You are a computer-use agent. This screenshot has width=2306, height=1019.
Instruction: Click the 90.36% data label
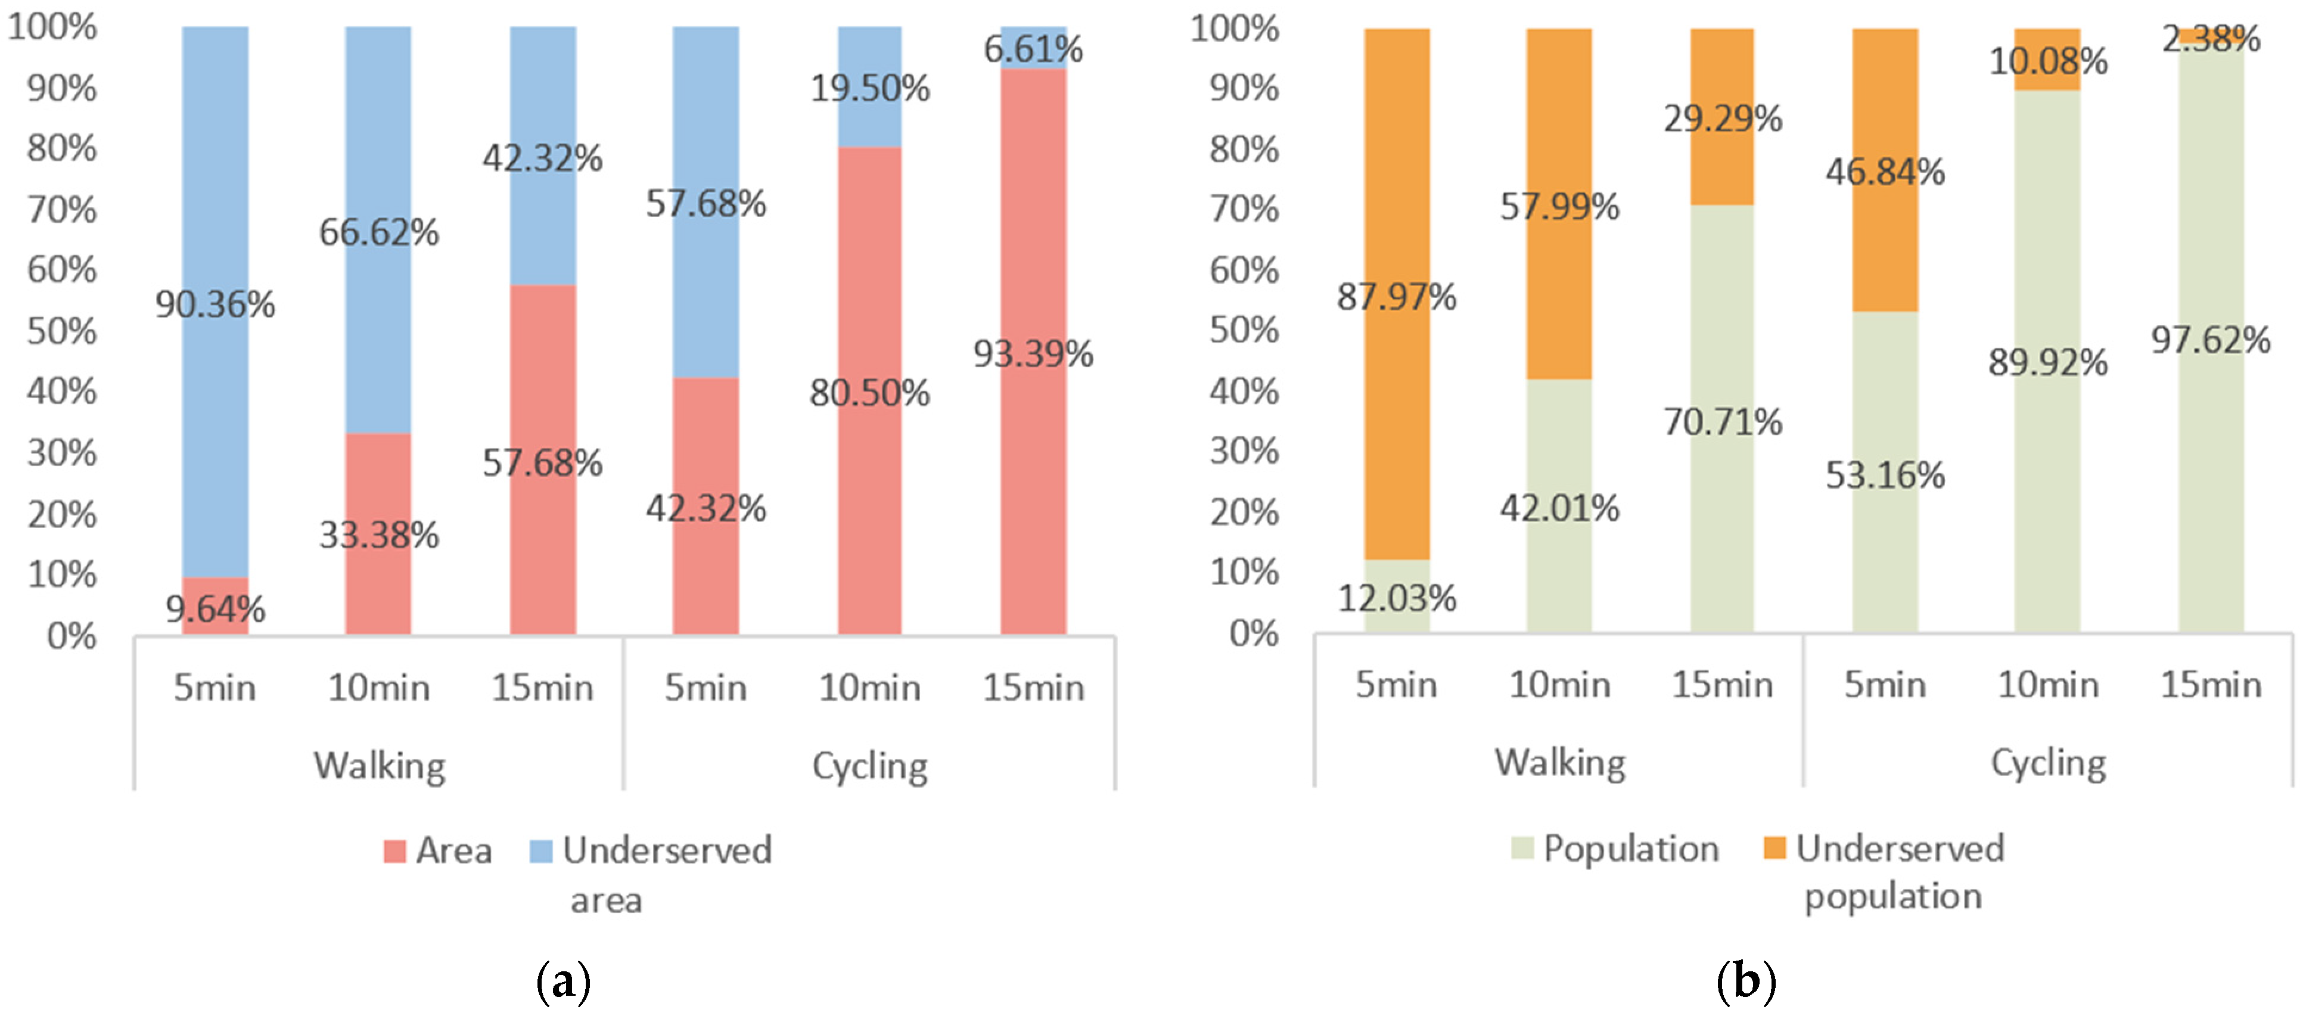click(215, 305)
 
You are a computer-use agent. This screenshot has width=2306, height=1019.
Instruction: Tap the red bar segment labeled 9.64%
click(215, 606)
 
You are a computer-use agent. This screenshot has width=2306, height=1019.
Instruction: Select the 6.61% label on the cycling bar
click(1033, 48)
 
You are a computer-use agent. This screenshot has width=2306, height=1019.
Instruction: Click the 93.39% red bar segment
click(1033, 352)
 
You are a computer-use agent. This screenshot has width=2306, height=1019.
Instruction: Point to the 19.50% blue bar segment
click(869, 87)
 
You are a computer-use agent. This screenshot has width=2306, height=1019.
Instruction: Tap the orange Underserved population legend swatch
click(1774, 847)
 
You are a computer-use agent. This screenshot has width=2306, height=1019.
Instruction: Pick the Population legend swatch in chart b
click(1522, 847)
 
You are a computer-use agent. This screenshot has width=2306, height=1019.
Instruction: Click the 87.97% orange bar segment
click(1397, 294)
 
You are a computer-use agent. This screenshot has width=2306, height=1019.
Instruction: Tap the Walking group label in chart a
click(380, 766)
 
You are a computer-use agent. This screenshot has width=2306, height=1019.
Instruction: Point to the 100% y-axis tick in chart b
click(1235, 29)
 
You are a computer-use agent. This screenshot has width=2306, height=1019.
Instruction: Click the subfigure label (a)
click(563, 982)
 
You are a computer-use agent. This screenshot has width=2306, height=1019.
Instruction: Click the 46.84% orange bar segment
click(1885, 170)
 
